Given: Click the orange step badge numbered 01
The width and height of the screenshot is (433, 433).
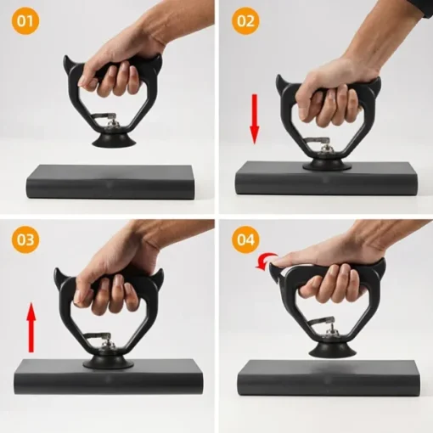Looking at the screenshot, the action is (25, 21).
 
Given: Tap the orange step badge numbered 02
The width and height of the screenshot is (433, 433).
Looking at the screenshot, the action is (245, 21).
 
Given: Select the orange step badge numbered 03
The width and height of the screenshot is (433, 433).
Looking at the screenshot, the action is (25, 239).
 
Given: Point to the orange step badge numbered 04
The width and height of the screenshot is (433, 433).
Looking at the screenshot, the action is (245, 239).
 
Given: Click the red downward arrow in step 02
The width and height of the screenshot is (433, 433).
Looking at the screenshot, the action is (255, 119).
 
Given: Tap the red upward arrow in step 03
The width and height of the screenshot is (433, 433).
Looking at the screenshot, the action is (31, 328).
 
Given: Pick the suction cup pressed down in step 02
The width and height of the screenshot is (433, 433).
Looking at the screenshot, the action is (327, 165).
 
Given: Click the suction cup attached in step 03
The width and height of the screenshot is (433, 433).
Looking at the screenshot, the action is (108, 363).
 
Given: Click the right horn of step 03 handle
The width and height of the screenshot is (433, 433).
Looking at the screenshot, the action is (159, 278).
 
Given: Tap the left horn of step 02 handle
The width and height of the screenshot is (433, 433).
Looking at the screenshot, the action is (281, 83).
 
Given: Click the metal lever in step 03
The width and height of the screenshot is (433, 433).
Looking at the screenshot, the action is (99, 336).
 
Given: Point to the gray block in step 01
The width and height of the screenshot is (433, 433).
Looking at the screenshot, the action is (111, 182).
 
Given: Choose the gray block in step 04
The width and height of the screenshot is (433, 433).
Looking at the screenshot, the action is (328, 378).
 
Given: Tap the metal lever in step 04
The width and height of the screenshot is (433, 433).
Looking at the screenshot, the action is (323, 322).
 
